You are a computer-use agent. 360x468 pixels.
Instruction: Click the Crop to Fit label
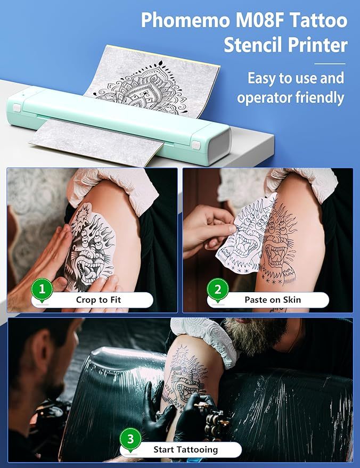[99, 300]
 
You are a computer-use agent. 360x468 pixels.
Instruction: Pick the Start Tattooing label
[185, 449]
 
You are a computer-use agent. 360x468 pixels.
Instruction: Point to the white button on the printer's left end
[17, 108]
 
